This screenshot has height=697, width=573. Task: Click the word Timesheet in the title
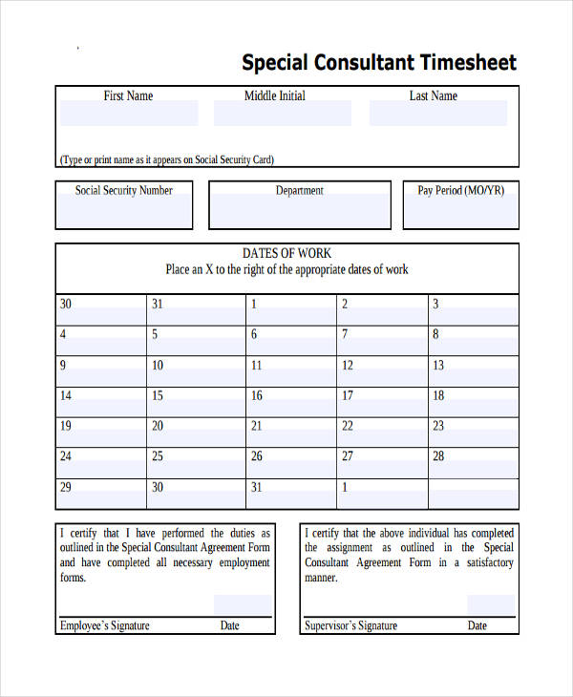coord(468,63)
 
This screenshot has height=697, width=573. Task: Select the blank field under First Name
coord(129,114)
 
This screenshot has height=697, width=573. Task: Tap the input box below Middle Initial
coord(282,114)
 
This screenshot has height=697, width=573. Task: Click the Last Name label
coord(433,95)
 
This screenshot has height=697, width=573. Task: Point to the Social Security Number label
coord(124,190)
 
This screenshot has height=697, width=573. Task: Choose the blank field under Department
coord(299,210)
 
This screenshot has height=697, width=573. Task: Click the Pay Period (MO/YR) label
coord(460,190)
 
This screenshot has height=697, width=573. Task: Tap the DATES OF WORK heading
coord(286,253)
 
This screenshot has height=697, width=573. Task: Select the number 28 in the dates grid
coord(438,455)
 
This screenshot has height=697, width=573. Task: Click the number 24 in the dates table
coord(66,455)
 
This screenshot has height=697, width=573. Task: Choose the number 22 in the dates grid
coord(348,426)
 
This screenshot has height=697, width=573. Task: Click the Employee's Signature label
coord(105,625)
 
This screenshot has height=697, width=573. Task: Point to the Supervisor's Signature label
coord(350,625)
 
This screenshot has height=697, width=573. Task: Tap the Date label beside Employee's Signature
coord(230,625)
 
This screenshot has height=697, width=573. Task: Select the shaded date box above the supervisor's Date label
coord(490,605)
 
